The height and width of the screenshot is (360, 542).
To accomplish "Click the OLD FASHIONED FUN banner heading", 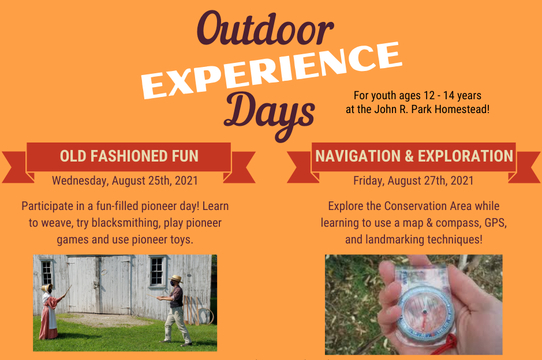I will pyautogui.click(x=129, y=156).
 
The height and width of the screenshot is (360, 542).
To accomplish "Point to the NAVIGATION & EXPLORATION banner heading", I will pyautogui.click(x=414, y=156).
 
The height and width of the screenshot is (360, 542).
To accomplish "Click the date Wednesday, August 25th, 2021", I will pyautogui.click(x=125, y=181).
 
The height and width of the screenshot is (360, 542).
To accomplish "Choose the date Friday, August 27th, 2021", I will pyautogui.click(x=413, y=181).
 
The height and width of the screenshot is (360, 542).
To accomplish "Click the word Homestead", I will pyautogui.click(x=462, y=108).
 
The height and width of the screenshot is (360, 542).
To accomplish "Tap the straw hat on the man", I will pyautogui.click(x=176, y=279).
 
